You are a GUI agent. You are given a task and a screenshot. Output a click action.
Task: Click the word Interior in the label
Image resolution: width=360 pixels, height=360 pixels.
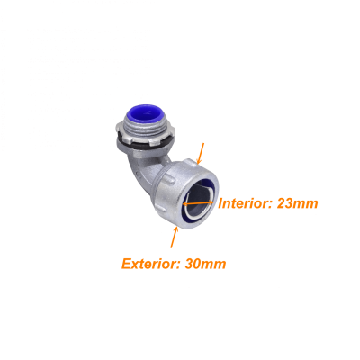244,203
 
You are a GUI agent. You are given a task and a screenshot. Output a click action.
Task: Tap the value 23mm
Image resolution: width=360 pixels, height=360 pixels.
297,203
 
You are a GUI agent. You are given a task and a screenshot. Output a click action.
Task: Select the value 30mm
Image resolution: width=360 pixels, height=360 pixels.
205,264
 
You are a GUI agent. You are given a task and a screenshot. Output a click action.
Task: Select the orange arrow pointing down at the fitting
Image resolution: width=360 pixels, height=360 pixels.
200,154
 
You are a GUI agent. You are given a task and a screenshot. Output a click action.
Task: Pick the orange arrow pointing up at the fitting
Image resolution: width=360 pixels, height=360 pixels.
175,238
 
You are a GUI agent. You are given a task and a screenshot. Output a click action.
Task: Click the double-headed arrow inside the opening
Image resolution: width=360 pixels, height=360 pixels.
199,203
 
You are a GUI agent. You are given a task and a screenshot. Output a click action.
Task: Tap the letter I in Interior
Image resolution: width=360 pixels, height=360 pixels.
220,203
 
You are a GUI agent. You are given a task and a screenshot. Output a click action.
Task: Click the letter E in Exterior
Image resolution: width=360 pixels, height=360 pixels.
127,264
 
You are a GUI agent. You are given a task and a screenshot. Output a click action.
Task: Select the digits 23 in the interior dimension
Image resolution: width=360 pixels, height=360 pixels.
284,203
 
